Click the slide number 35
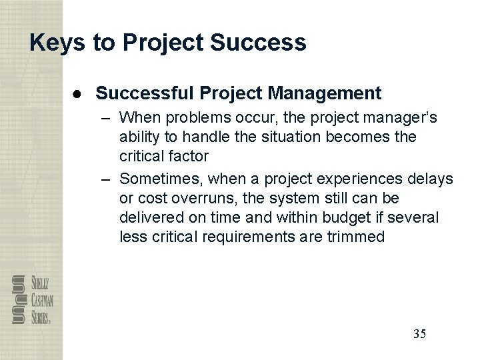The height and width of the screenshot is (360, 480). [419, 333]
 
